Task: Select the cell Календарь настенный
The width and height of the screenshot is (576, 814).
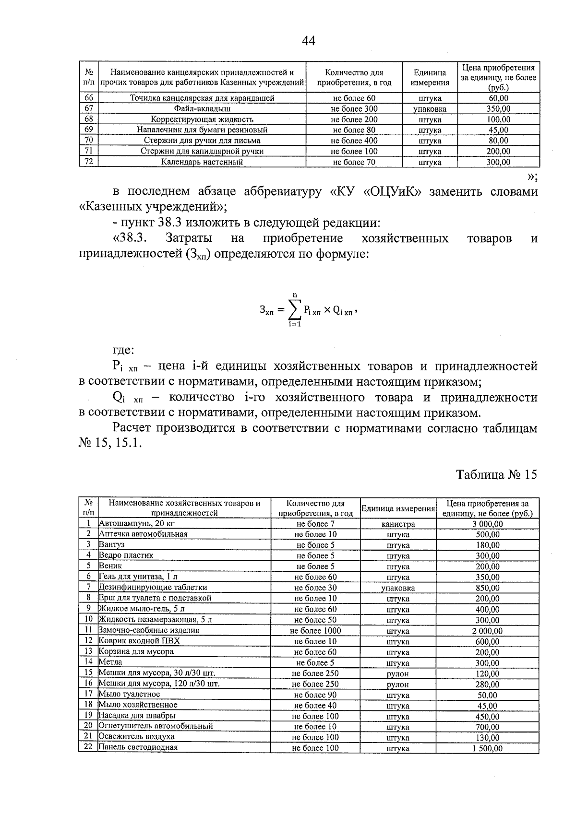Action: tap(202, 162)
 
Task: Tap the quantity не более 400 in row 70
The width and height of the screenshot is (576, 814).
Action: tap(354, 141)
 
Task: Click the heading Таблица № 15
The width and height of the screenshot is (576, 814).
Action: tap(496, 474)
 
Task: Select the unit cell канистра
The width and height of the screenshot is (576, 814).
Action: tap(398, 524)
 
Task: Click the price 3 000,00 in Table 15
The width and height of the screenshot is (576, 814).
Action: tap(487, 524)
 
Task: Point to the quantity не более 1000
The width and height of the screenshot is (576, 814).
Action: tap(315, 631)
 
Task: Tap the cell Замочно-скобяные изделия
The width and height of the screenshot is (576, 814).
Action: tap(149, 630)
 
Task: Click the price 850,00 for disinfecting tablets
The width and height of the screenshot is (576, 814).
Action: tap(487, 588)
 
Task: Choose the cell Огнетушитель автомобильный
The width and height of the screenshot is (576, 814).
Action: tap(156, 726)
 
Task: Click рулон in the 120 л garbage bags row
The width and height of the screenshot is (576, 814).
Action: tap(398, 684)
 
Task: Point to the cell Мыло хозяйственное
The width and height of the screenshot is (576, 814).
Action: tap(138, 705)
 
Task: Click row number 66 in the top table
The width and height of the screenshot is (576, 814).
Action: tap(88, 98)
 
